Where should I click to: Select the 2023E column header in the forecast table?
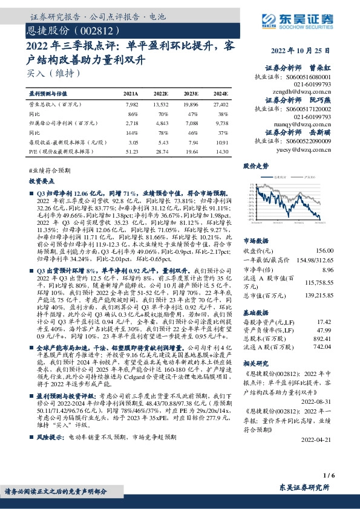(191, 94)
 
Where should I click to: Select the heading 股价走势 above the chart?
(255, 165)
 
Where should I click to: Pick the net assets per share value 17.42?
(326, 323)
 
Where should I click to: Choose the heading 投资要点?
(41, 181)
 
